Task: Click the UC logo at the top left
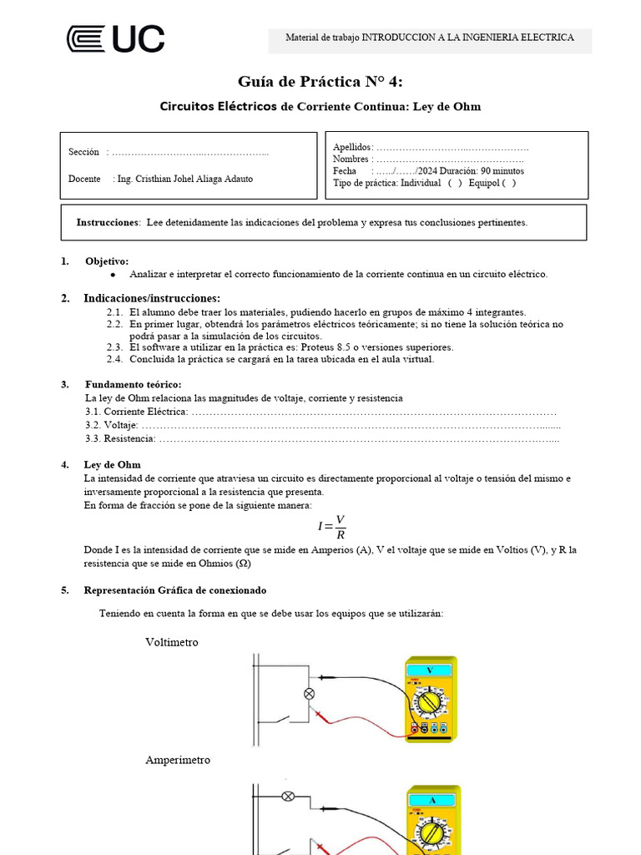pos(115,39)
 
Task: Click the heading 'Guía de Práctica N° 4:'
pos(320,81)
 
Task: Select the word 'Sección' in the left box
pos(83,152)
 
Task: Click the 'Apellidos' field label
pos(352,148)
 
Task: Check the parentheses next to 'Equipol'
pos(509,183)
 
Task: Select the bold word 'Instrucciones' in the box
pos(107,222)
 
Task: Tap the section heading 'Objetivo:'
pos(107,261)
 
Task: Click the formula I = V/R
pos(331,526)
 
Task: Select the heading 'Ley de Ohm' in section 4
pos(113,464)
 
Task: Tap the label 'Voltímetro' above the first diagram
pos(172,642)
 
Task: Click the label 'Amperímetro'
pos(178,760)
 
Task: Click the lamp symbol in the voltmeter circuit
pos(308,693)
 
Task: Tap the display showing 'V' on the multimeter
pos(430,670)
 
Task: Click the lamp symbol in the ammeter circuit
pos(289,796)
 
